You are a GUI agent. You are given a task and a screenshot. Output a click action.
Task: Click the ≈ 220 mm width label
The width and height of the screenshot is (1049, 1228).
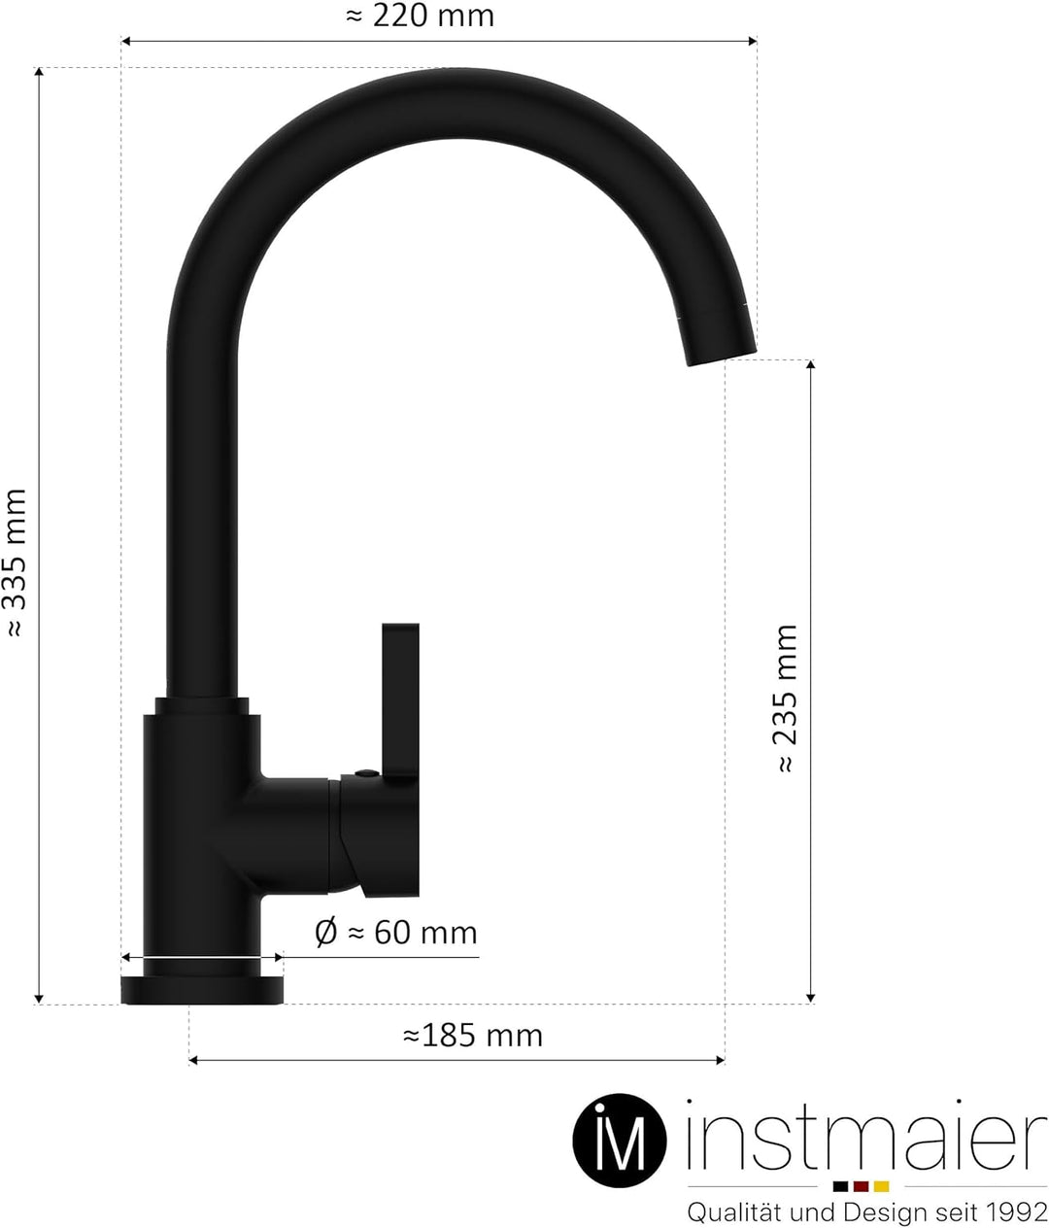point(420,17)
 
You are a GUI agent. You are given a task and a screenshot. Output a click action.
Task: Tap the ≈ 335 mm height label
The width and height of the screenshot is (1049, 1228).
point(17,563)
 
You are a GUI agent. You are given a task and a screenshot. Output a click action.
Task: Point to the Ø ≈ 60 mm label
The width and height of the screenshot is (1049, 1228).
point(396,933)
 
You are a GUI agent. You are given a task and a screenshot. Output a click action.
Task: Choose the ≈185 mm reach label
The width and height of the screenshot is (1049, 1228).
point(472,1036)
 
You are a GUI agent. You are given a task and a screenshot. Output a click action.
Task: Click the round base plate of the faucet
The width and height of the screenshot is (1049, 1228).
point(201,990)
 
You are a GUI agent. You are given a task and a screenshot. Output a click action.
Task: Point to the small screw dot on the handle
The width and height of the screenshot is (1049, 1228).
point(364,773)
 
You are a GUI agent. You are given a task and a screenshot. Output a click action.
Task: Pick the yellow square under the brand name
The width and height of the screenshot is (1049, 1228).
point(881,1186)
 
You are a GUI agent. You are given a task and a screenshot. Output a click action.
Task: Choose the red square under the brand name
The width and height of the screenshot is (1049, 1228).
point(861,1186)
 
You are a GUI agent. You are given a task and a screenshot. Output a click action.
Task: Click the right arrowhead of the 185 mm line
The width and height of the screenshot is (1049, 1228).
point(720,1059)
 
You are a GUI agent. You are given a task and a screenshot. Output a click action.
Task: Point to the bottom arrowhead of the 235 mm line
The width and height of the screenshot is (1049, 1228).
point(811,997)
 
